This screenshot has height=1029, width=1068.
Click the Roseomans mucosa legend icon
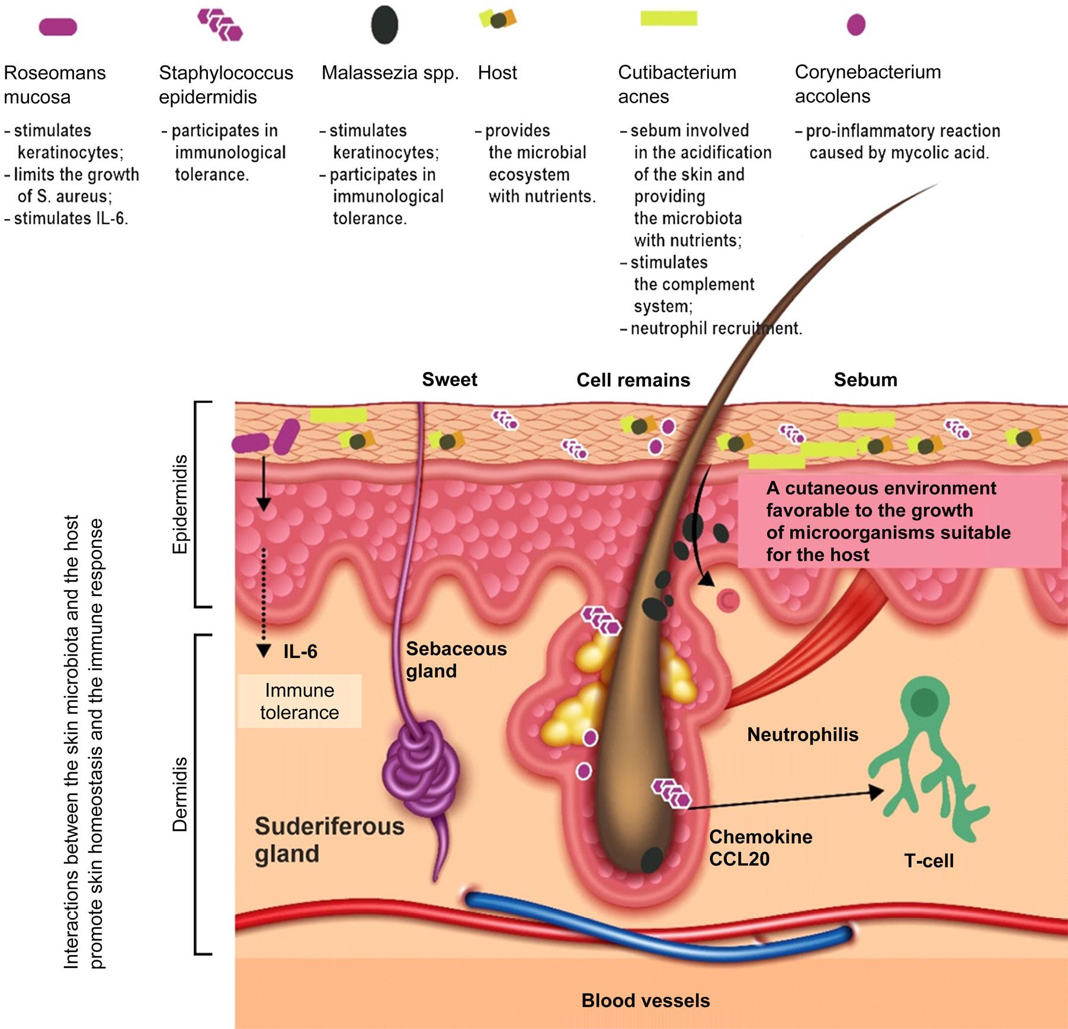57,27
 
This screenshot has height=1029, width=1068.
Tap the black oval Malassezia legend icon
384,25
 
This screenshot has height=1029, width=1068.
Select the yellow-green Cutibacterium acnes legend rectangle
669,18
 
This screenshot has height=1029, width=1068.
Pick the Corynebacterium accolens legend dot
856,25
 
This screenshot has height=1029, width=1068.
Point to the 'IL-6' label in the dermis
300,652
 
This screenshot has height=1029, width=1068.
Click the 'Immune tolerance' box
299,701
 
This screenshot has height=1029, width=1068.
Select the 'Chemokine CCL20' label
760,847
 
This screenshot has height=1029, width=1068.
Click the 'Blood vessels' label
645,1001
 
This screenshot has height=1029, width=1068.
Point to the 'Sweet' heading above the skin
449,379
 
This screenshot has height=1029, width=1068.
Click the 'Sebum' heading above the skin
865,380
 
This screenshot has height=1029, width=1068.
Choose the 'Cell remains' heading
633,380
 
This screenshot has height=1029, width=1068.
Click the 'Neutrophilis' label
802,735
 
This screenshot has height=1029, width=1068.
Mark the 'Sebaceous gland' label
456,660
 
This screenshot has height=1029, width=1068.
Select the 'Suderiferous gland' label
329,840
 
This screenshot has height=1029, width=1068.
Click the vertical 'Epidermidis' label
179,504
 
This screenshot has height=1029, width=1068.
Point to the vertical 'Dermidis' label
179,794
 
